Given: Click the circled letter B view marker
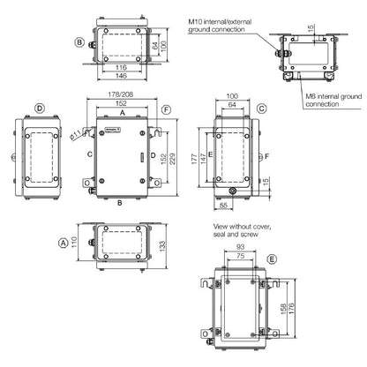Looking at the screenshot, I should [79, 41].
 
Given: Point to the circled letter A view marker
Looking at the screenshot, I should [63, 240].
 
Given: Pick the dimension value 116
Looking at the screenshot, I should [122, 67].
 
